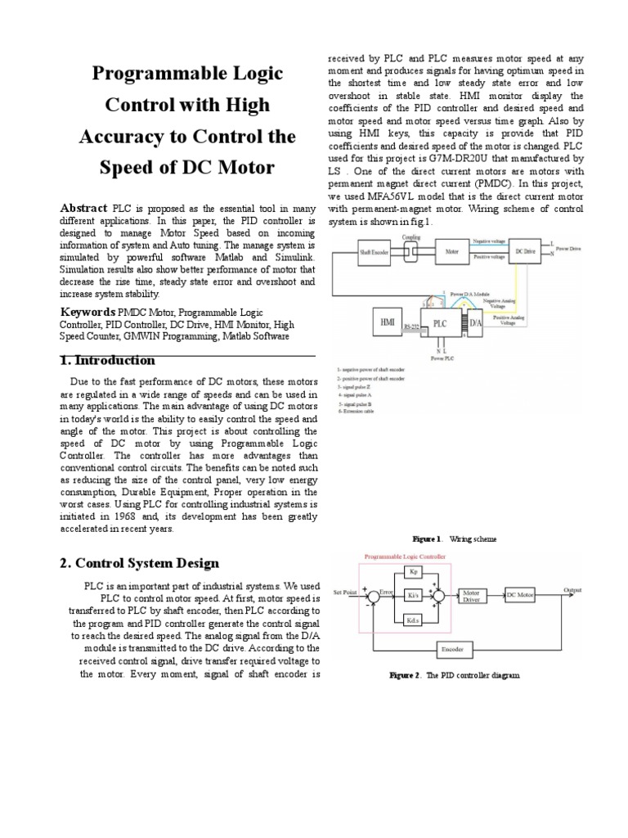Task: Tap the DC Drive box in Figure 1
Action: tap(523, 253)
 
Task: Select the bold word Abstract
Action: tap(84, 209)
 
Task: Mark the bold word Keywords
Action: tap(87, 312)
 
